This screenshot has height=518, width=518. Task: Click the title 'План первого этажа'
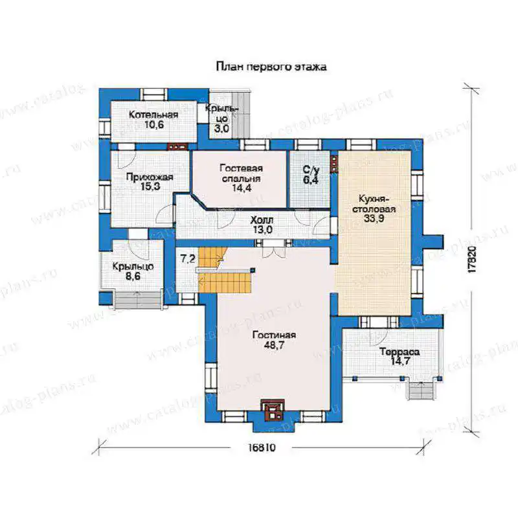pos(271,67)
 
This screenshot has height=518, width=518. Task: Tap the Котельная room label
pos(153,115)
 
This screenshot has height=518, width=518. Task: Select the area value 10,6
pos(154,125)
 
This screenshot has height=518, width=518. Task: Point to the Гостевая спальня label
pos(242,173)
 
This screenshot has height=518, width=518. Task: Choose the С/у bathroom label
pos(311,170)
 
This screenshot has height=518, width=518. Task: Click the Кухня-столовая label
pos(374,204)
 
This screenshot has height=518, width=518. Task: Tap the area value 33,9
pos(374,218)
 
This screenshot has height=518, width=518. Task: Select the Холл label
pos(262,220)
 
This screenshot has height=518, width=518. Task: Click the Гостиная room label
pos(274,335)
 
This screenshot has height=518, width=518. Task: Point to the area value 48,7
pos(274,345)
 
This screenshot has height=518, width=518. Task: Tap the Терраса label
pos(400,352)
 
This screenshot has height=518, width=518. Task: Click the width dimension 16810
pos(262,448)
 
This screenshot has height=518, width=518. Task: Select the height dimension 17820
pos(473,259)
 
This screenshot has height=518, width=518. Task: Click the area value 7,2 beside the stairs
pos(187,259)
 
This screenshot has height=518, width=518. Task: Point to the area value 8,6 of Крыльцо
pos(133,276)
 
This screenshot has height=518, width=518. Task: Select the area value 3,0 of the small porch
pos(221,129)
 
